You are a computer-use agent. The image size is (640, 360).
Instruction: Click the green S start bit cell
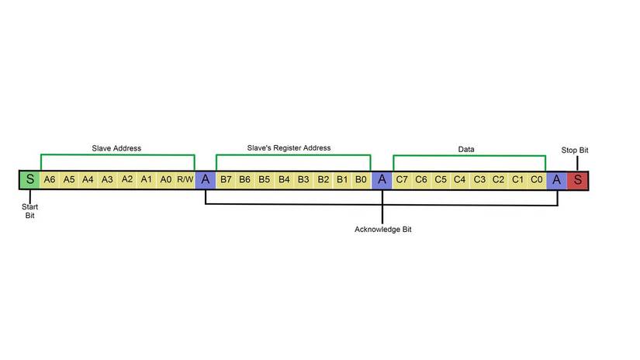[29, 180]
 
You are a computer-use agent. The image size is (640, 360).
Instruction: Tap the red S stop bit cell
[577, 180]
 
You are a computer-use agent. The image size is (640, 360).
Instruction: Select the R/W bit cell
[185, 180]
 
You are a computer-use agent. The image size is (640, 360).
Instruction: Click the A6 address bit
[50, 180]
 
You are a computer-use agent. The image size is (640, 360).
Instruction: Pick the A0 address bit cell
[165, 180]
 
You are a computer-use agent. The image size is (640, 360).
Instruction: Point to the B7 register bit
[226, 180]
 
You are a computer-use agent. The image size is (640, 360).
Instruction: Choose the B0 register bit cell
[361, 180]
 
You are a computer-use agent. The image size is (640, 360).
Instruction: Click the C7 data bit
[402, 180]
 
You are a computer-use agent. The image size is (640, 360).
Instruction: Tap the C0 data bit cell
[537, 180]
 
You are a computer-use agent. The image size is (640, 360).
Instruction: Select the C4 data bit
[460, 180]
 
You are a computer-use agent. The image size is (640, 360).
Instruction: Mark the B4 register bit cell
[284, 180]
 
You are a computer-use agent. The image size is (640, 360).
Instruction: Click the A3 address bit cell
[108, 180]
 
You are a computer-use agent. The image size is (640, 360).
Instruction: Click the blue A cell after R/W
[206, 180]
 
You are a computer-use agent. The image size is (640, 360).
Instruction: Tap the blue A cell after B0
[382, 180]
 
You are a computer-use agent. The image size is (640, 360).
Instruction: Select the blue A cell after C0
[557, 180]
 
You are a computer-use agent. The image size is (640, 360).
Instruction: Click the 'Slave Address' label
[116, 147]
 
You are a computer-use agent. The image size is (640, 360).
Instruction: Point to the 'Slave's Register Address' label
[289, 147]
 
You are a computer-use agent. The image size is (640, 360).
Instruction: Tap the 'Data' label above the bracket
[465, 148]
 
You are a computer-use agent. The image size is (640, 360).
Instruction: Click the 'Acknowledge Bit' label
[382, 230]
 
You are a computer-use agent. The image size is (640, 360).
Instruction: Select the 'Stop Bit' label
[575, 150]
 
